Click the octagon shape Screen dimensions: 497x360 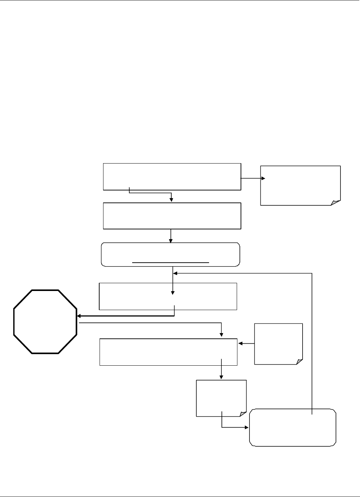pos(45,321)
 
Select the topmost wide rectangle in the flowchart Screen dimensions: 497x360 pos(172,177)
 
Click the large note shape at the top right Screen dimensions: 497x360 pos(300,185)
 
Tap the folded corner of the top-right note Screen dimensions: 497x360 pos(336,202)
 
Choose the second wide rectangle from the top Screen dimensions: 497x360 pos(172,216)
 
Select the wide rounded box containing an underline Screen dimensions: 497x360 pos(170,254)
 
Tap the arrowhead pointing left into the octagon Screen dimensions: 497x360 pos(79,316)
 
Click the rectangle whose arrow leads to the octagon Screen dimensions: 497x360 pos(168,296)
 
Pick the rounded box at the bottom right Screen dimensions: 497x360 pos(293,427)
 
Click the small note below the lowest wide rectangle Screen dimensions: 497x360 pos(221,398)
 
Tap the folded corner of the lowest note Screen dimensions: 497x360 pos(243,414)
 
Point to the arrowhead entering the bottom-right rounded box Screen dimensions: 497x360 pos(247,427)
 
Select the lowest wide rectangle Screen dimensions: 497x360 pos(168,352)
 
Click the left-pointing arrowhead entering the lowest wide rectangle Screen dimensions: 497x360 pos(240,343)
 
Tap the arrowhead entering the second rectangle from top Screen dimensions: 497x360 pos(171,200)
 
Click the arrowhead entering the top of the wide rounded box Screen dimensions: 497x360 pos(171,241)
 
